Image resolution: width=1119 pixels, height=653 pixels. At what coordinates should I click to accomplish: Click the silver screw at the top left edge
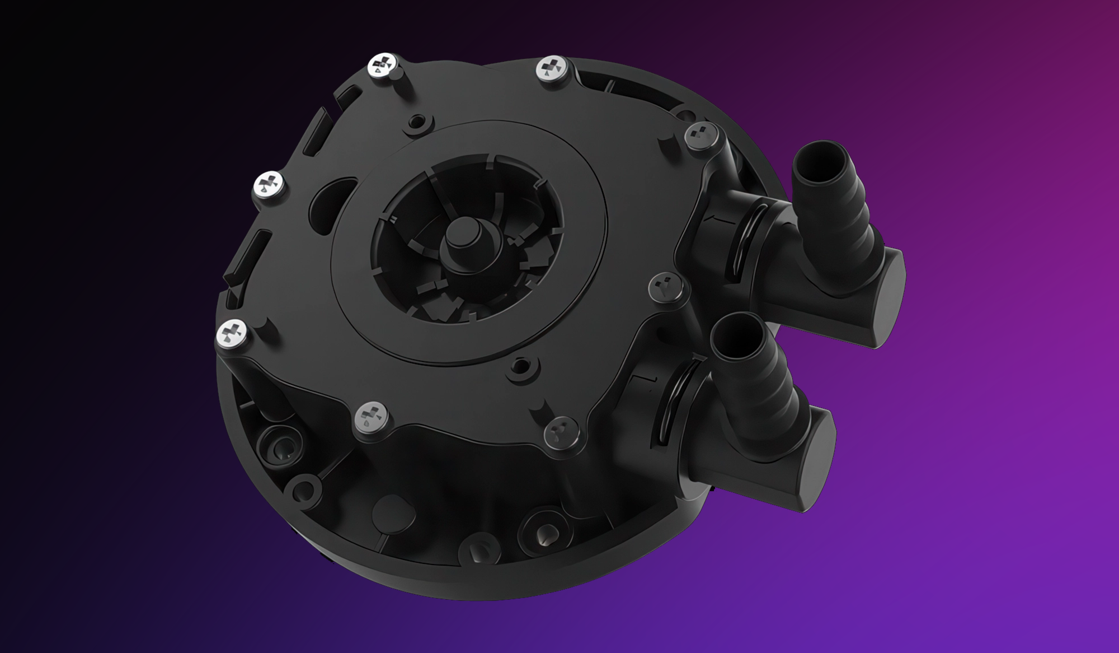[384, 68]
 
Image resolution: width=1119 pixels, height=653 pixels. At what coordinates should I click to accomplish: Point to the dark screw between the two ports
[666, 287]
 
